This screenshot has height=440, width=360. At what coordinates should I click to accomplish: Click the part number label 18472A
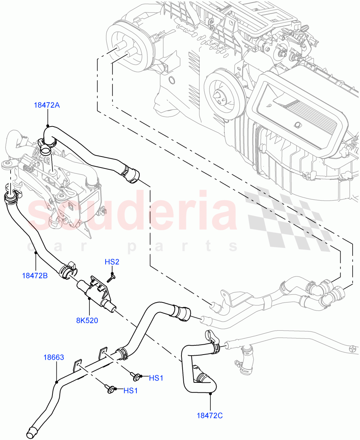[x=47, y=105]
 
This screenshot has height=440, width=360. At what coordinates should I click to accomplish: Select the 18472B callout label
[x=35, y=275]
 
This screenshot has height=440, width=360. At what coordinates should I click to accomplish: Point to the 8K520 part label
[x=87, y=320]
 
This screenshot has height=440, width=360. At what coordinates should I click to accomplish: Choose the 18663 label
[x=54, y=357]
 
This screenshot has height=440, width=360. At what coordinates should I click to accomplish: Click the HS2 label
[x=112, y=262]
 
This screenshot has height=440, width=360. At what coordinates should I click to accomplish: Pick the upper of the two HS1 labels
[x=156, y=378]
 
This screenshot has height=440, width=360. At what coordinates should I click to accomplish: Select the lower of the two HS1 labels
[x=131, y=390]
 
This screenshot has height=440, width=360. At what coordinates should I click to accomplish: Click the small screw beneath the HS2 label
[x=111, y=277]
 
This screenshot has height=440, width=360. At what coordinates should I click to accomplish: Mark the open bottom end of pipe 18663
[x=32, y=432]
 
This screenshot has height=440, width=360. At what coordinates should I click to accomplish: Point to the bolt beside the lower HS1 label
[x=111, y=389]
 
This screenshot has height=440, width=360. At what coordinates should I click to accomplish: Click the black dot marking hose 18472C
[x=210, y=393]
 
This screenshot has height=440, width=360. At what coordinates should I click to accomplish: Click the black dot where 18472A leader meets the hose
[x=47, y=126]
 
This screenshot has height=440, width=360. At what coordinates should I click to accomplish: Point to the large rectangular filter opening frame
[x=299, y=110]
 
